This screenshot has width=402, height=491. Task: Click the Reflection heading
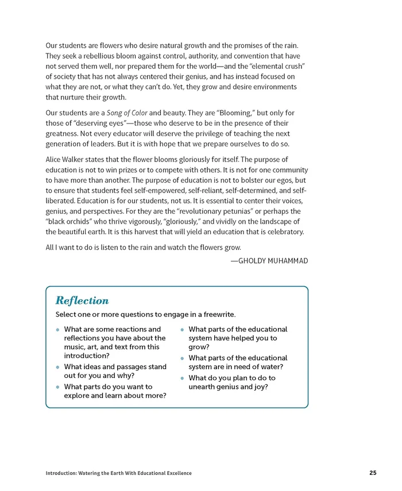point(82,300)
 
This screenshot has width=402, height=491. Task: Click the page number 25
point(373,473)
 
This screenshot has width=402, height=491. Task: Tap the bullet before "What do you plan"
point(182,378)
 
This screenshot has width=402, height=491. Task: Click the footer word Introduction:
point(65,473)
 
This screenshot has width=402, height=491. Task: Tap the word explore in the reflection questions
point(78,396)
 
